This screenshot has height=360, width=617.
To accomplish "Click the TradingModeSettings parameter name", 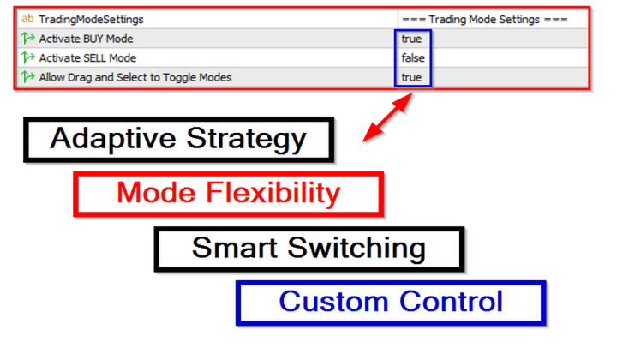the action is [x=91, y=19].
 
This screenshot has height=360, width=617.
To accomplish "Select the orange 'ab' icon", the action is [x=27, y=19].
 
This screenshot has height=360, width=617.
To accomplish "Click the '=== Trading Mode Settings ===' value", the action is [x=485, y=19].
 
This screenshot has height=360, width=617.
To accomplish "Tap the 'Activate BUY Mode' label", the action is [x=86, y=39].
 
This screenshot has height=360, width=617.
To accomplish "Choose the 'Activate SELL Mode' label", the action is [x=87, y=57].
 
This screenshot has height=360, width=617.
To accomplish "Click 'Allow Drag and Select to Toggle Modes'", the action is [x=135, y=77].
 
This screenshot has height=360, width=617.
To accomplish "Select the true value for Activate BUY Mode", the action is [x=411, y=39].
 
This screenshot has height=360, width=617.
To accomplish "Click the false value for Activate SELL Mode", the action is [x=413, y=57].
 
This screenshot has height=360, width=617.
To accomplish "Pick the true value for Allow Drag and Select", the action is [x=411, y=77].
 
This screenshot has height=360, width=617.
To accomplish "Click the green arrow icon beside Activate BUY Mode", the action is [x=28, y=39].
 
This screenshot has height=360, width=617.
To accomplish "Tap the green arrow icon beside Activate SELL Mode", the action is [x=28, y=57].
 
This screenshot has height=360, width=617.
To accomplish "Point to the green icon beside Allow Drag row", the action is [x=28, y=77].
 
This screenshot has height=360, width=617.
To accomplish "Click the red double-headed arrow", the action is [x=387, y=117].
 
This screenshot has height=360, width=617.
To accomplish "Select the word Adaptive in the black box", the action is [x=113, y=139].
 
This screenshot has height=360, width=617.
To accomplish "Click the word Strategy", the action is [x=246, y=139].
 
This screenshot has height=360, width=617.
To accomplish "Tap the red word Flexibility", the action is [x=273, y=193].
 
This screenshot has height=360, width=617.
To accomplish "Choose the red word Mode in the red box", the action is [x=156, y=192].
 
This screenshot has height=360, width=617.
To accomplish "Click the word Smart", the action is [x=235, y=248].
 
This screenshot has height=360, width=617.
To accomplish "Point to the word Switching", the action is [x=356, y=249].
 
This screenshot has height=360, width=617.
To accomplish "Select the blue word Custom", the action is [x=333, y=302].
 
